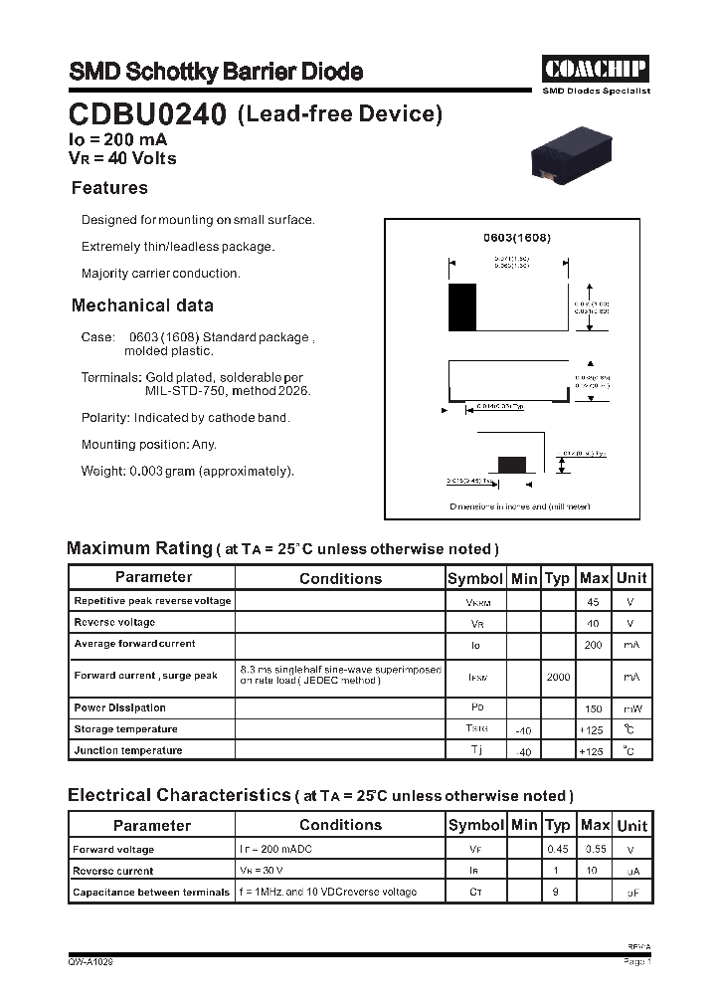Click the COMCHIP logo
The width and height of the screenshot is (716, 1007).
(x=595, y=69)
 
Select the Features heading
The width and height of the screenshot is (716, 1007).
(x=109, y=188)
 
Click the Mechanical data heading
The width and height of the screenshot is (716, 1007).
(x=142, y=305)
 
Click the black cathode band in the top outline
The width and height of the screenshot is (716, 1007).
(x=461, y=307)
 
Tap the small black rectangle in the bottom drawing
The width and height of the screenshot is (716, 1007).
(x=512, y=463)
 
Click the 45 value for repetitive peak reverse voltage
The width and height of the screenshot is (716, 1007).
(x=593, y=602)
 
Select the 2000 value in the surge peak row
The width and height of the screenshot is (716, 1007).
(x=558, y=677)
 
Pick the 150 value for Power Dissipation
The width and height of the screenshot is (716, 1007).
(x=593, y=708)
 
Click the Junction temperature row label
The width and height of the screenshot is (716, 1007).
(x=128, y=750)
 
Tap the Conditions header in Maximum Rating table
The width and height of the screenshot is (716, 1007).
(x=340, y=578)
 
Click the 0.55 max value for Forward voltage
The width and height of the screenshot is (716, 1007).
(x=595, y=850)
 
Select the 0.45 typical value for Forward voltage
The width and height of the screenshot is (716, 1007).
(x=558, y=850)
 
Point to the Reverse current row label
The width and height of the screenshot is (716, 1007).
(x=113, y=871)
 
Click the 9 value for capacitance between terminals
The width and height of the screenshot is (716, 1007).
(x=556, y=893)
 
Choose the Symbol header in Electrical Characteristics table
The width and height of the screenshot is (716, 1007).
(x=476, y=825)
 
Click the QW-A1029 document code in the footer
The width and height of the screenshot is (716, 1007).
(x=90, y=962)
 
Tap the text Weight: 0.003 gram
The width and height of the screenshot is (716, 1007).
(x=188, y=471)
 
